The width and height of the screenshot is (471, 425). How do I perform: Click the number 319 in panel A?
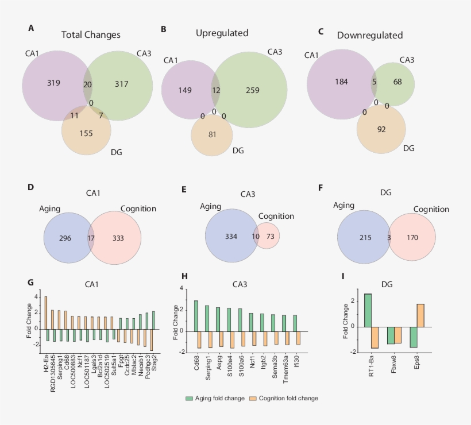click(x=53, y=83)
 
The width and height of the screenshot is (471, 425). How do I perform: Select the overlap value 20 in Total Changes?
click(x=87, y=84)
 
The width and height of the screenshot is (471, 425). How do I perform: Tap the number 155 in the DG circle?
click(x=86, y=133)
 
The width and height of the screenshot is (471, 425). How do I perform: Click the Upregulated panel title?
click(x=222, y=33)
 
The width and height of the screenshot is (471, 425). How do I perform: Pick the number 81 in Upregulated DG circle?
click(x=212, y=134)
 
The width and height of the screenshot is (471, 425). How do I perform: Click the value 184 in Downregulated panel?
click(x=342, y=82)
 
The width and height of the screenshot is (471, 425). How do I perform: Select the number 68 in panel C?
click(x=397, y=82)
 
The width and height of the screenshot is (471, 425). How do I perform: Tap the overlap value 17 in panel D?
click(x=90, y=238)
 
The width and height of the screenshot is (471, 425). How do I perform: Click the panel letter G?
click(x=30, y=282)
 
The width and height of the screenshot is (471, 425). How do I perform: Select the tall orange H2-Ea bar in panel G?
click(x=46, y=312)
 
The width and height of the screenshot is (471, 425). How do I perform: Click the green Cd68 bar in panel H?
click(x=196, y=316)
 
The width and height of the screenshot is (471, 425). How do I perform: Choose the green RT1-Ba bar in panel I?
click(x=368, y=310)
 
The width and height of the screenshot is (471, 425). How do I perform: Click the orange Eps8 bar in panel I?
click(x=420, y=315)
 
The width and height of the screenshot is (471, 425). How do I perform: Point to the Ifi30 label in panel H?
click(x=295, y=360)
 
